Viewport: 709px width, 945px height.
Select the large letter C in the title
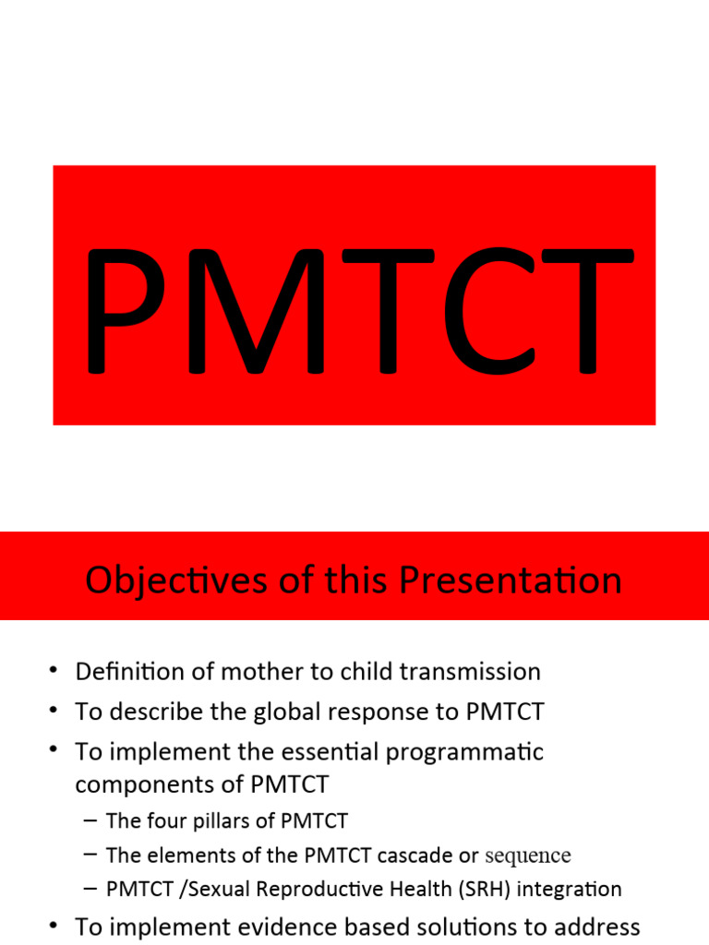487,312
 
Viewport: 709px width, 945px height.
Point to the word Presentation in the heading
510,581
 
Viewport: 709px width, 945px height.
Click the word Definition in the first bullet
127,671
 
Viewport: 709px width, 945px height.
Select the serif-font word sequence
528,855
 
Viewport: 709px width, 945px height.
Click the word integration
572,889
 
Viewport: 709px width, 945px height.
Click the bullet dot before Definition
54,671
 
